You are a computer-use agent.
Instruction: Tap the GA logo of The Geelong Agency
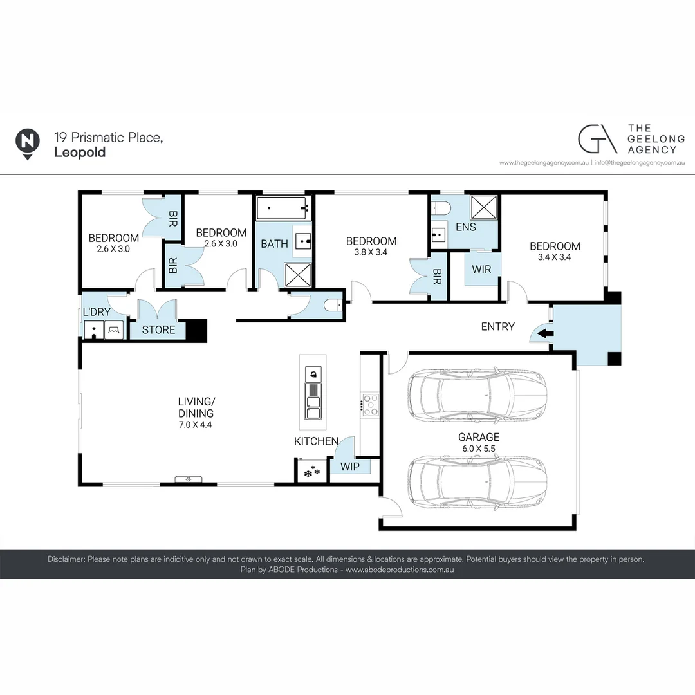(x=597, y=139)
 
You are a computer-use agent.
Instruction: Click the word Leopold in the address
(x=80, y=153)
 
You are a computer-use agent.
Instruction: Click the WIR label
(x=481, y=269)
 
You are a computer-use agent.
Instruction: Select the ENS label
(x=465, y=227)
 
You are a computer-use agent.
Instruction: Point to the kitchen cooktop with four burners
(x=370, y=405)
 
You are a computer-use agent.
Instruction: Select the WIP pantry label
(x=350, y=465)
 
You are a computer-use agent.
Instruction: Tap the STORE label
(x=158, y=330)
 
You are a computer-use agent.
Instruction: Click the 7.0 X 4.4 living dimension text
(x=196, y=425)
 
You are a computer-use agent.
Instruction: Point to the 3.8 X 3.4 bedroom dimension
(x=371, y=252)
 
